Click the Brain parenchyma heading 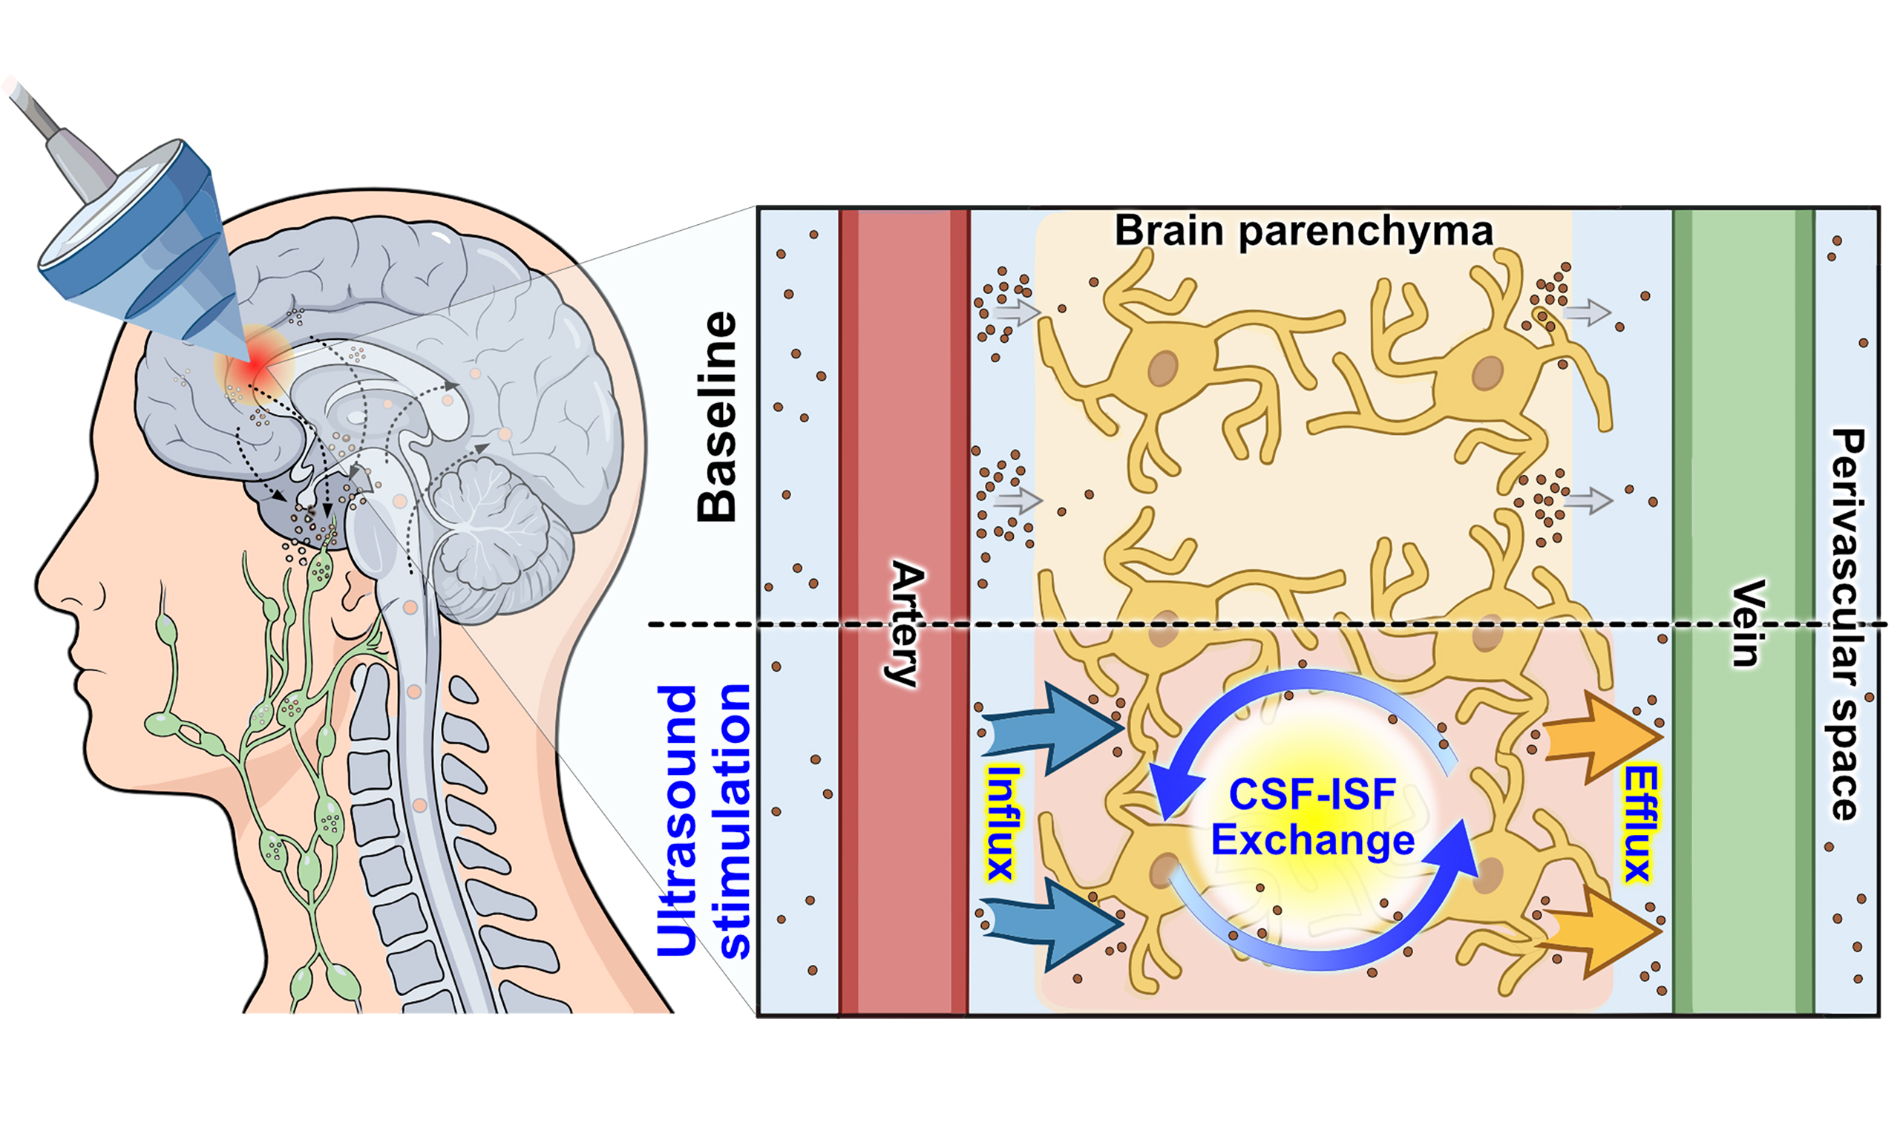[x=1303, y=231]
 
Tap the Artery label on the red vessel [x=907, y=623]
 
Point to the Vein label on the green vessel [x=1745, y=623]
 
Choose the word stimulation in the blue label [x=734, y=820]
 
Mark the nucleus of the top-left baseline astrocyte [x=1163, y=368]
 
